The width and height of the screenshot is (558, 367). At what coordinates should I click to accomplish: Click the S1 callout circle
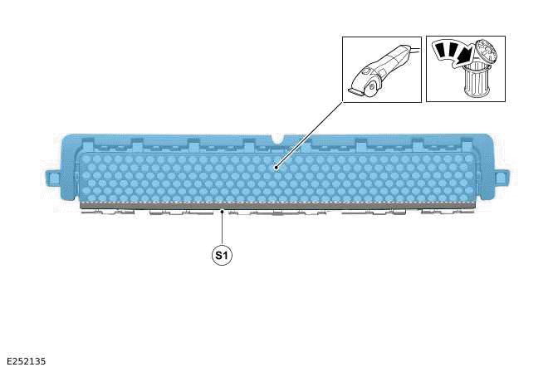[222, 255]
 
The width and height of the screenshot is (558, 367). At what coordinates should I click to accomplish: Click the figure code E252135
[27, 361]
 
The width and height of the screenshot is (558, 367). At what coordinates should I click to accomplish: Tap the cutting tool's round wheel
[372, 87]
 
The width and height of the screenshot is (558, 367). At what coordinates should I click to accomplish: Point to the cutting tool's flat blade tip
[355, 92]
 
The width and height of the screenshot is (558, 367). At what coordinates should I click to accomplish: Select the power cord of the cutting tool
[414, 50]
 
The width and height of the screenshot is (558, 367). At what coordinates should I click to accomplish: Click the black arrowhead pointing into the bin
[464, 57]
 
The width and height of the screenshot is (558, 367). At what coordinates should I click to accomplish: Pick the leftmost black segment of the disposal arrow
[441, 49]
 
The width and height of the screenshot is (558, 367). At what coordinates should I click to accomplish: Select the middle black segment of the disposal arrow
[453, 50]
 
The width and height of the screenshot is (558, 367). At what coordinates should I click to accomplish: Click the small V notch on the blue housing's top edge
[278, 138]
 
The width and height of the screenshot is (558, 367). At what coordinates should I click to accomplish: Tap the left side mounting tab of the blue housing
[53, 178]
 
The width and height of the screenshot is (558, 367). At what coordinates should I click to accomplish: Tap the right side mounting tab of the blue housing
[501, 178]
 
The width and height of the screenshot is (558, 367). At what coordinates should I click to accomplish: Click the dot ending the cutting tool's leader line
[276, 167]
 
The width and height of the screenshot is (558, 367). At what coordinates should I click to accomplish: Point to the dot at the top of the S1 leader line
[222, 212]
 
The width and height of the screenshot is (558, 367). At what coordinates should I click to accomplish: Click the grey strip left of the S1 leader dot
[149, 205]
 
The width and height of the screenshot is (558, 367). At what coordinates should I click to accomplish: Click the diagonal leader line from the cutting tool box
[309, 135]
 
